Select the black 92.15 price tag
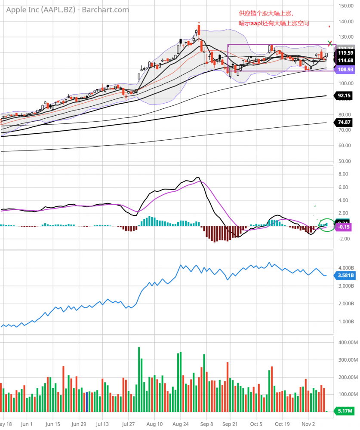point(344,95)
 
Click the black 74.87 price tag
point(344,122)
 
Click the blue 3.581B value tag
point(345,276)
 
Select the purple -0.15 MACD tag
point(345,226)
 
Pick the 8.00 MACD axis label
point(343,174)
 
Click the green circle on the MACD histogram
point(327,224)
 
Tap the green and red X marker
point(330,43)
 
